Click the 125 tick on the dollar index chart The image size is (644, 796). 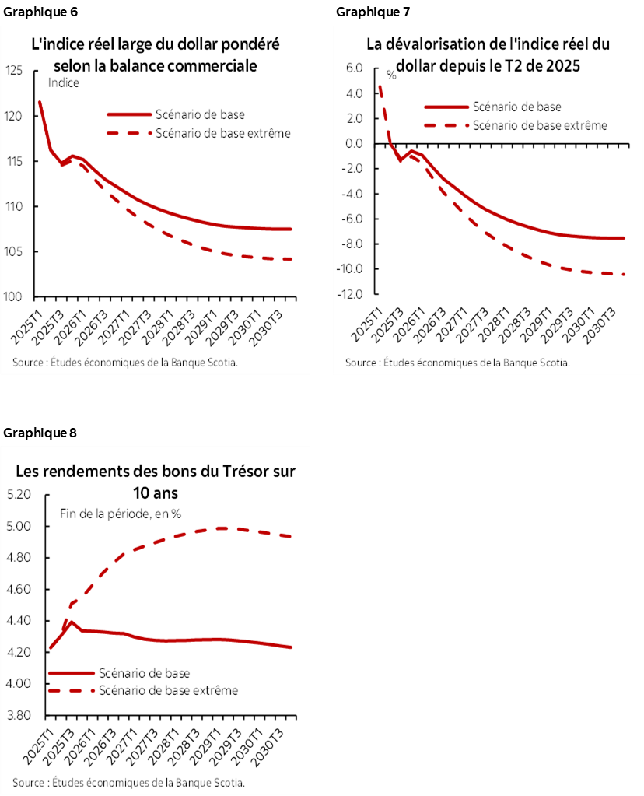[17, 71]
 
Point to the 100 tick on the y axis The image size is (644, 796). [17, 297]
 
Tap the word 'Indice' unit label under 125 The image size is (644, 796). [64, 83]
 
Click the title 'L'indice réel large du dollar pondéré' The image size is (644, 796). [155, 45]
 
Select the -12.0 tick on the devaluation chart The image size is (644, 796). [352, 294]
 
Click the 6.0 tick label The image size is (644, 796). [354, 68]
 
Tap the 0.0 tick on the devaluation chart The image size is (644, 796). [354, 144]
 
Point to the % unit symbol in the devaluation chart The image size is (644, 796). [392, 76]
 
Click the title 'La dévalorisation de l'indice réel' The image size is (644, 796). [488, 45]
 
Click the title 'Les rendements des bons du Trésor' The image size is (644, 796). [156, 472]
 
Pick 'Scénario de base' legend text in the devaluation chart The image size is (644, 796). [516, 107]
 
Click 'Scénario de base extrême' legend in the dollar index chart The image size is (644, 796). [222, 133]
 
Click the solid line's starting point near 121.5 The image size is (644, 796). [40, 102]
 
